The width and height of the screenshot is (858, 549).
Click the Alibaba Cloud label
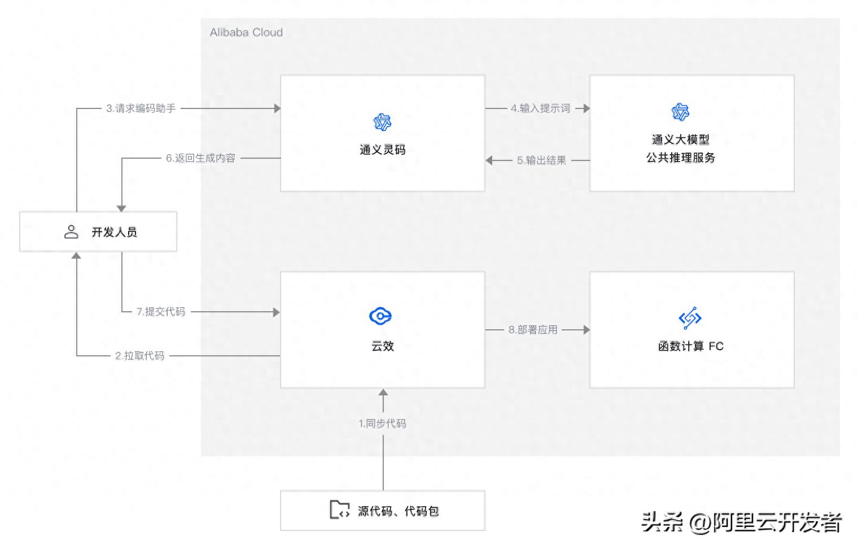pos(246,33)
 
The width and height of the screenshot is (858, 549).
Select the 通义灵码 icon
pos(382,122)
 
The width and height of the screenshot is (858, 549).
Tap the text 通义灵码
pos(382,150)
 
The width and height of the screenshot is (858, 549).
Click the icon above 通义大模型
pos(680,112)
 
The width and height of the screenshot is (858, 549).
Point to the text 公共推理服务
pos(680,158)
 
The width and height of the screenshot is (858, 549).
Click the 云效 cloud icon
pos(380,316)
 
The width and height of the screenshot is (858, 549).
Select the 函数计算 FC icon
pos(690,318)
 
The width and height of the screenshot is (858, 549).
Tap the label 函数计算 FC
pos(690,346)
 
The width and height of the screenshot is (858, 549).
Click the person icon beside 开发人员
pos(71,232)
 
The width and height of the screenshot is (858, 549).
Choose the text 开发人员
pos(114,232)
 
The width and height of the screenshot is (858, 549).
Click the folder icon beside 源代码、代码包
pos(339,509)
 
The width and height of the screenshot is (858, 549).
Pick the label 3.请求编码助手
pos(141,108)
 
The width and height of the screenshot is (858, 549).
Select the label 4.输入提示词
pos(540,108)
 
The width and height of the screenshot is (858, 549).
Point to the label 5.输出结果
pos(541,160)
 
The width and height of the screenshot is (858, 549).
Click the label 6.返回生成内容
pos(200,158)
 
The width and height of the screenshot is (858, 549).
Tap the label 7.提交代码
pos(161,312)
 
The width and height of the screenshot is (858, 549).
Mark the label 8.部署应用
pos(533,330)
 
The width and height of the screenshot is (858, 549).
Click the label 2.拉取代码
pos(139,356)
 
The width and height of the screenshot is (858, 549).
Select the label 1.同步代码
pos(382,424)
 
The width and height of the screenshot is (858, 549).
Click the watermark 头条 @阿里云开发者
pos(741,522)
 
